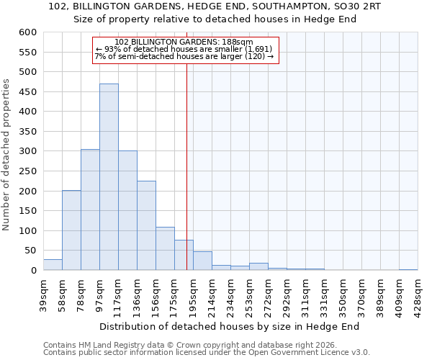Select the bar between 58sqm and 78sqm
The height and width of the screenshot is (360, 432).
point(71,230)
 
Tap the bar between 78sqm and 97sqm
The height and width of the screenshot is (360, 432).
point(90,210)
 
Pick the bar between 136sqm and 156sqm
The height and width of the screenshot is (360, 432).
point(146,225)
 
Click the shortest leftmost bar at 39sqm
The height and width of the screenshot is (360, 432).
point(53,265)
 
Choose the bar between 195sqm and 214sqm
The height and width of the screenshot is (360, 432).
point(202,261)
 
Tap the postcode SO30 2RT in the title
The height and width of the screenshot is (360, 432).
point(357,6)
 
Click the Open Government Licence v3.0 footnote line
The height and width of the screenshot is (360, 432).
point(206,353)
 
